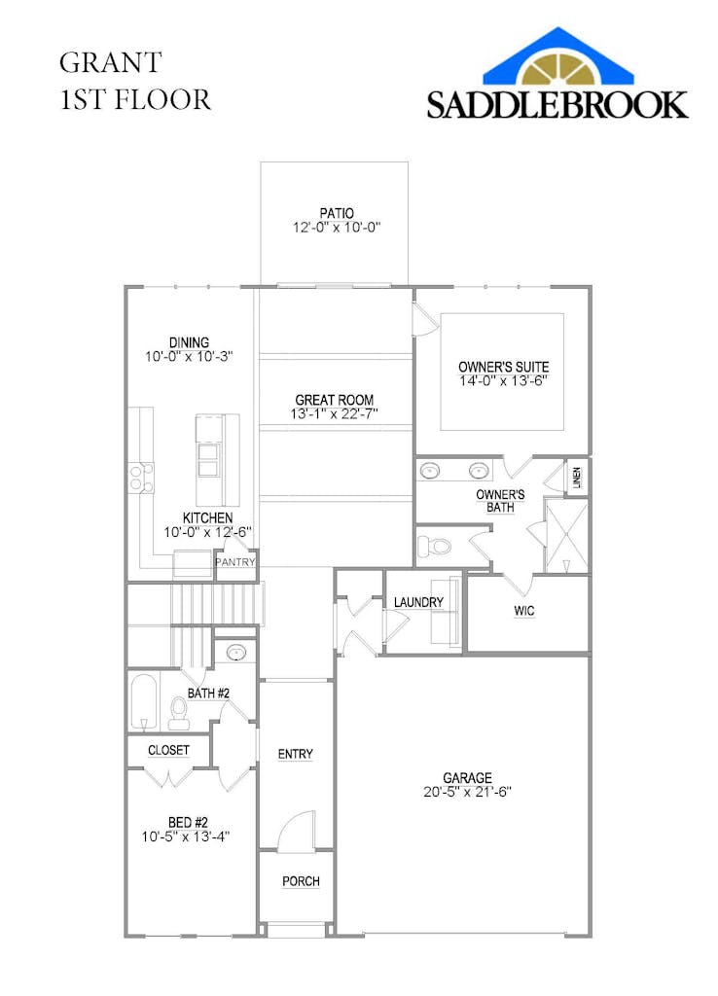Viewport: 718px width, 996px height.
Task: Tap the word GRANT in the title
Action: (x=111, y=62)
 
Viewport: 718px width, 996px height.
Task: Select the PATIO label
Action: (x=336, y=213)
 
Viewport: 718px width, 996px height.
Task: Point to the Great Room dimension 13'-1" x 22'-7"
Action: (x=335, y=413)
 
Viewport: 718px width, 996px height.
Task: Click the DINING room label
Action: (x=189, y=342)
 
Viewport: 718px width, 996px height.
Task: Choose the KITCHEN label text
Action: (x=208, y=517)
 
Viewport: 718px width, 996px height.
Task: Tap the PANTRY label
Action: (x=235, y=562)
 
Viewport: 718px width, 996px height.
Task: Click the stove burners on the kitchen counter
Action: (x=142, y=478)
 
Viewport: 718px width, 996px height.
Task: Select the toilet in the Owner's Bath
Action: (x=435, y=545)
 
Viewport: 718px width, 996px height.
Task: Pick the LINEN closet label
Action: (x=577, y=477)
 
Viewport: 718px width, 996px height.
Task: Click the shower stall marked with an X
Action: (x=566, y=536)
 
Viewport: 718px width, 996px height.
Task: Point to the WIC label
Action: (x=524, y=611)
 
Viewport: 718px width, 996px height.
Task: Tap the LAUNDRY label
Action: (x=418, y=602)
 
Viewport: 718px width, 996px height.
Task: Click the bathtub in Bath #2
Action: (x=144, y=702)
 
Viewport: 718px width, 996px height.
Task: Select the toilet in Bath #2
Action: (x=179, y=713)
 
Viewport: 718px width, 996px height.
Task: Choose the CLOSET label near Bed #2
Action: (x=168, y=750)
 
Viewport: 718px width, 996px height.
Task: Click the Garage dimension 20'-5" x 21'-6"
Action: (x=468, y=792)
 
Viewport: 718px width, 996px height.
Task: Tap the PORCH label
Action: (x=301, y=881)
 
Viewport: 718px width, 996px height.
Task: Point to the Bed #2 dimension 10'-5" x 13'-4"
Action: (x=186, y=836)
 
